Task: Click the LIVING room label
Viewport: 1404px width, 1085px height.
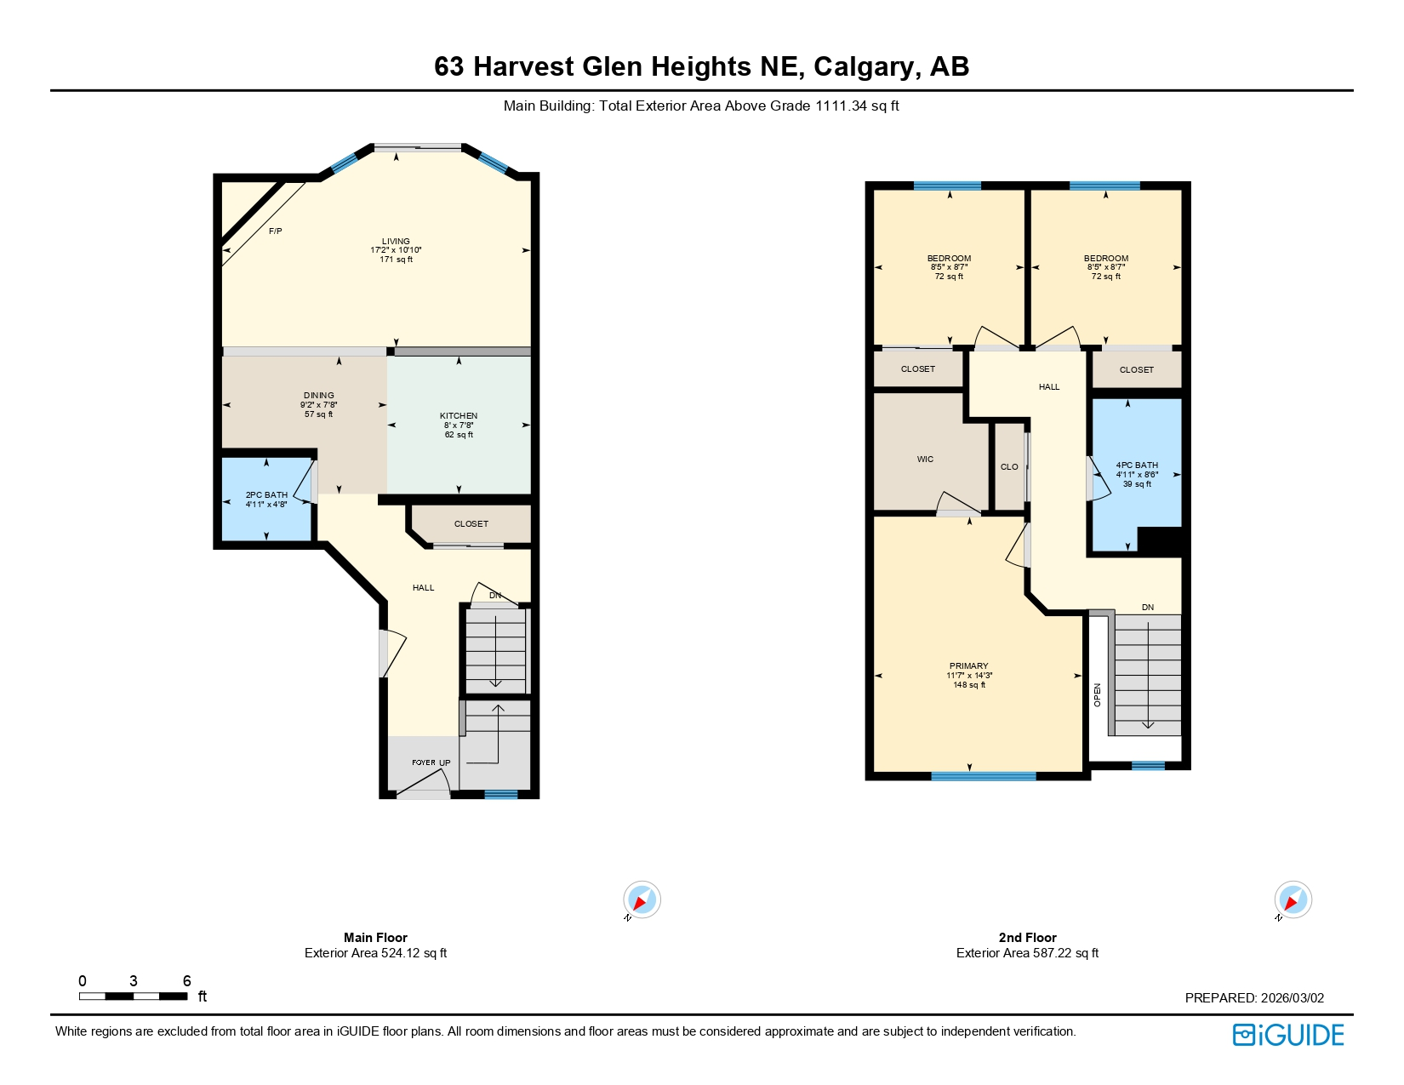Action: (396, 242)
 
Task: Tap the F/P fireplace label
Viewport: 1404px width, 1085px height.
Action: (275, 231)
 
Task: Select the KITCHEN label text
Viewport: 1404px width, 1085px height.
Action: (459, 416)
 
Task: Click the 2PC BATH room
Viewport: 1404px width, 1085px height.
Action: (266, 499)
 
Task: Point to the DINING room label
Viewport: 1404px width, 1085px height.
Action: (319, 396)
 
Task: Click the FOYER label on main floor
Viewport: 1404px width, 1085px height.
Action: (423, 762)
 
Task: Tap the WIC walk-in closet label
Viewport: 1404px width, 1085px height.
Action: (925, 460)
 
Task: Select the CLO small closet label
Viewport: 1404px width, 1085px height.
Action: (1009, 467)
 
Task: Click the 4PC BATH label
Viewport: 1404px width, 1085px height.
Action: (1137, 465)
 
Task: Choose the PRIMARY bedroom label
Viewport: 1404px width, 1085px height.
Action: (968, 666)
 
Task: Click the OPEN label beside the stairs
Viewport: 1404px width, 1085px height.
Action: (1098, 694)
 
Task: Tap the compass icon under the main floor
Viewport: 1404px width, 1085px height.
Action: (642, 900)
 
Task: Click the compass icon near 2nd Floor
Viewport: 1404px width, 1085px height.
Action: (1293, 900)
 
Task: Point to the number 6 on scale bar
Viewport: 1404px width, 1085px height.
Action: (187, 981)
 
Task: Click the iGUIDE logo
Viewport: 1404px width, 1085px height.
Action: (1288, 1035)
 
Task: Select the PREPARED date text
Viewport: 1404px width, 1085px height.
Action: (1254, 998)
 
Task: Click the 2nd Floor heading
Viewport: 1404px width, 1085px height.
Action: (1027, 938)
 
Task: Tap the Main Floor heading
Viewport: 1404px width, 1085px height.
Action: (375, 938)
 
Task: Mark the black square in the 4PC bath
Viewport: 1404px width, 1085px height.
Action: (1159, 542)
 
